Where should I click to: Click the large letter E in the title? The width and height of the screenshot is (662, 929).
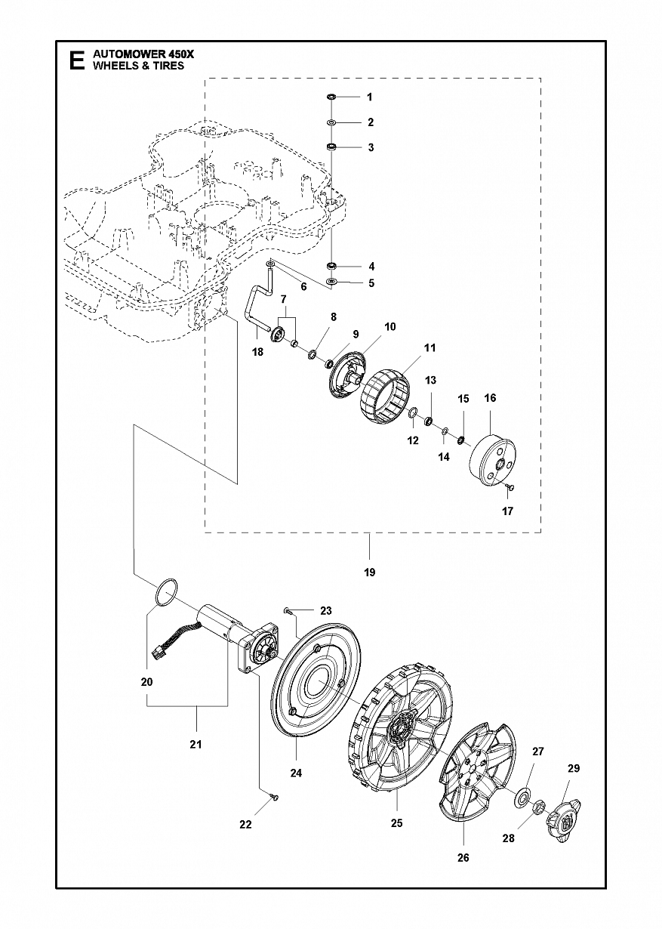(76, 60)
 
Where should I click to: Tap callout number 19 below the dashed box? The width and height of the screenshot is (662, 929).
(369, 573)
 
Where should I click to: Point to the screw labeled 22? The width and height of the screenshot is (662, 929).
(276, 797)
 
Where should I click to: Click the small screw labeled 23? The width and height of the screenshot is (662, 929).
(287, 610)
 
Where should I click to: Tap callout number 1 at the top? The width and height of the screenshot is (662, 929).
(370, 97)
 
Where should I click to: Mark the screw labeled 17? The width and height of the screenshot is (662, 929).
(510, 487)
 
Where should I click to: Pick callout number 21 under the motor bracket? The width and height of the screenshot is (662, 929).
(196, 745)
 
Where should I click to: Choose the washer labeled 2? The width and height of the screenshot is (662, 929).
(332, 122)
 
